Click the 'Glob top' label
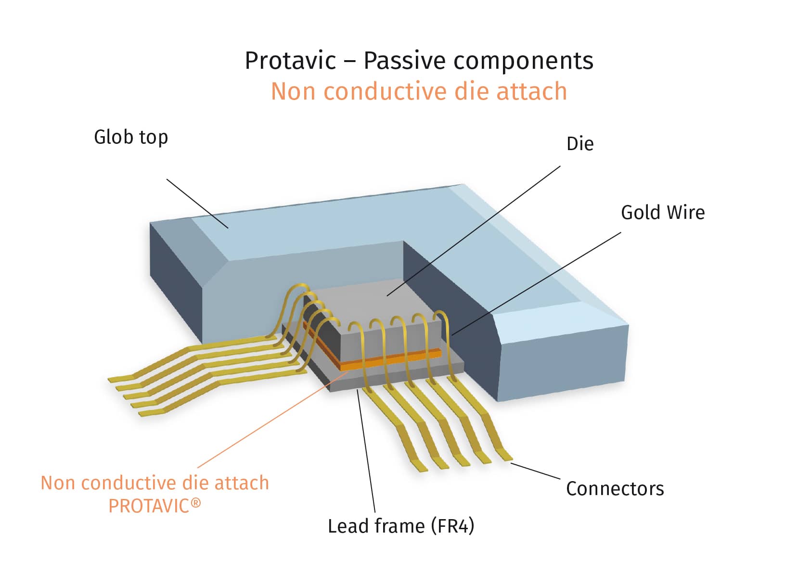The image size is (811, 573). [131, 137]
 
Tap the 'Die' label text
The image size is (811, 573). [579, 144]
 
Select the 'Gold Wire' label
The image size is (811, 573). [662, 213]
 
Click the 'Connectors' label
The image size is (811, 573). [615, 489]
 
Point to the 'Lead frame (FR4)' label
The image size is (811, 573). [400, 526]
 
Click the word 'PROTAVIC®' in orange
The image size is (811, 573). [154, 506]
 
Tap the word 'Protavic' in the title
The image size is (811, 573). [290, 61]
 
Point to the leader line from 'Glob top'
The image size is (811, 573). [197, 204]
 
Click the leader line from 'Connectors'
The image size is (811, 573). [535, 471]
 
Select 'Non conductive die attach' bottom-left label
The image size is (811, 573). [154, 483]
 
